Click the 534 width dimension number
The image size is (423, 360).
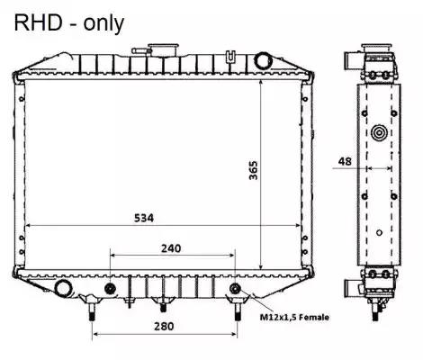(x=144, y=218)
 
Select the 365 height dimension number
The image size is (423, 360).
(x=254, y=170)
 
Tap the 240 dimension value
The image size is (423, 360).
(x=171, y=248)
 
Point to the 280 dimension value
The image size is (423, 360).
(x=164, y=326)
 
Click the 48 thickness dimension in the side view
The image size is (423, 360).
(x=345, y=161)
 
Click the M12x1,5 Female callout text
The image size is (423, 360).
(x=294, y=317)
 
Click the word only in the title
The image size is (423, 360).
(x=103, y=24)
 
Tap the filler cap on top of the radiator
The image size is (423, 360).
(x=164, y=49)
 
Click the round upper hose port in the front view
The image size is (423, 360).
(x=263, y=60)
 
